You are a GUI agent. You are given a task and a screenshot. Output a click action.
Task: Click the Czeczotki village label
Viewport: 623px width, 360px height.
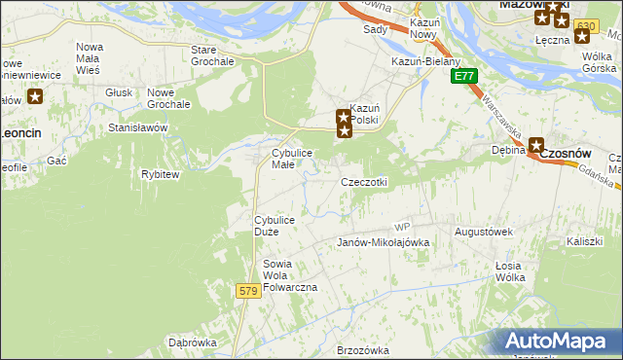(364, 183)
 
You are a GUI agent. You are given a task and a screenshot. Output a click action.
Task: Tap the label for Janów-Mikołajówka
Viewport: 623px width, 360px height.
(383, 243)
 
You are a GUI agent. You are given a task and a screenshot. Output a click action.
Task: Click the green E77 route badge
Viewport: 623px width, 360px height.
(464, 76)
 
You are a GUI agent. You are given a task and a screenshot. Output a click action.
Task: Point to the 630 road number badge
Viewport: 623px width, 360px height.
(585, 25)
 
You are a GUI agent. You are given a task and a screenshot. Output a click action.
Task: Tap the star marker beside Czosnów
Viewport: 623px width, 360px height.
(536, 145)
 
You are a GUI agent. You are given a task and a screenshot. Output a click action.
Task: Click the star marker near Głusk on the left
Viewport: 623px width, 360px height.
(35, 96)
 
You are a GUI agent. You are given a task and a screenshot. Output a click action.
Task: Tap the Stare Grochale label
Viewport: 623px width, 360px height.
(213, 55)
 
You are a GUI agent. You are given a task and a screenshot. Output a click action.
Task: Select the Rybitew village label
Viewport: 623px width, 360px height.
(161, 174)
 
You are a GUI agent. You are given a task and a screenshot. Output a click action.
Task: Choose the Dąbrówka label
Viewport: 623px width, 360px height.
(192, 342)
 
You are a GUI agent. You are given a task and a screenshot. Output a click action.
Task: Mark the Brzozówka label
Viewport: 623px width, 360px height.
(362, 350)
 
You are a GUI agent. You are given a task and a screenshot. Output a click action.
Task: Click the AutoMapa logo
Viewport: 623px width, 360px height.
(559, 342)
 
